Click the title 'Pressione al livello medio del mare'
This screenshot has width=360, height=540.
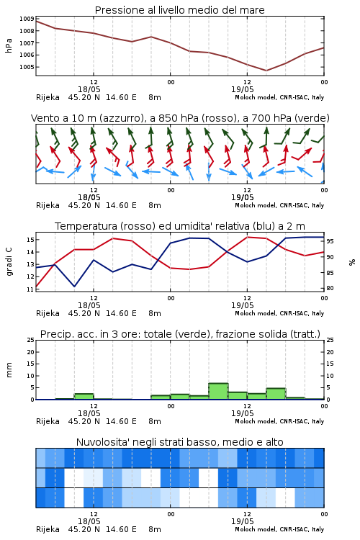(179, 10)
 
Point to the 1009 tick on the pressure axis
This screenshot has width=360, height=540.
(27, 19)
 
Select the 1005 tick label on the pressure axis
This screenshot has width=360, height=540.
(27, 67)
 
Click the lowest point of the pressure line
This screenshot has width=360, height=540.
(266, 71)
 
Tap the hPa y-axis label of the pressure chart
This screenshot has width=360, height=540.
(9, 45)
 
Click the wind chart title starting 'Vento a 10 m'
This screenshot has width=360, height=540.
(180, 118)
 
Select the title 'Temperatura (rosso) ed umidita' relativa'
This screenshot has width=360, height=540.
(180, 226)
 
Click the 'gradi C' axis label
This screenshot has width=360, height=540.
(9, 261)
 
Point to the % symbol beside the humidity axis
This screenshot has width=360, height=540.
(352, 262)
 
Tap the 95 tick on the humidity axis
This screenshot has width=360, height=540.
(330, 241)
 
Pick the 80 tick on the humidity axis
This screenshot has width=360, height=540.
(330, 288)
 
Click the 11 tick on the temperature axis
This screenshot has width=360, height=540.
(30, 289)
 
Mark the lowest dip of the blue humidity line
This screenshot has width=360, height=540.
(74, 286)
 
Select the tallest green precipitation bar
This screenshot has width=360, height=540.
(218, 391)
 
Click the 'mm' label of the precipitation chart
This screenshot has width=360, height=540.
(9, 370)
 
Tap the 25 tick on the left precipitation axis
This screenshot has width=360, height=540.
(31, 341)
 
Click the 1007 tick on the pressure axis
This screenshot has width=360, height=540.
(27, 43)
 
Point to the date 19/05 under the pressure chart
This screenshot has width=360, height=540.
(242, 89)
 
